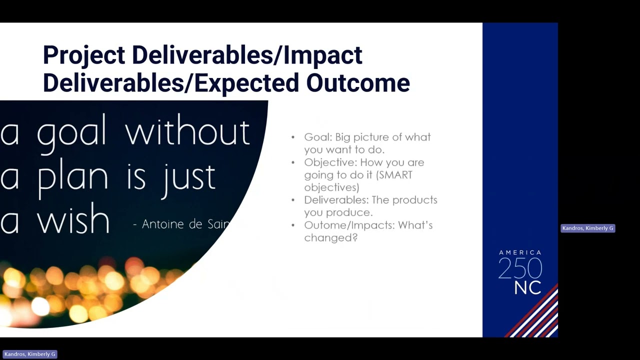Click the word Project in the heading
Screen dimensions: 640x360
(84, 55)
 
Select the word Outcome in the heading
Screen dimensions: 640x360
(358, 83)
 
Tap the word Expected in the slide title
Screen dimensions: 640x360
(246, 83)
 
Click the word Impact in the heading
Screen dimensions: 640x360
(323, 55)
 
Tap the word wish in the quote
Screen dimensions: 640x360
(73, 219)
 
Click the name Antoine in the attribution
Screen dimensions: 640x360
(162, 224)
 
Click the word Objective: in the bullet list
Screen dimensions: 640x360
(330, 163)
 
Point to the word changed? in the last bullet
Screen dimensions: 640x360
(331, 237)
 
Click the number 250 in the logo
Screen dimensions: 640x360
(520, 268)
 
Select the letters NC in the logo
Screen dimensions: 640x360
(527, 288)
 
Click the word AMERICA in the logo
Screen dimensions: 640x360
(520, 252)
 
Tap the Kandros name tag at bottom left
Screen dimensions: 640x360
(29, 354)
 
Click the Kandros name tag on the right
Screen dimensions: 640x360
(587, 228)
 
